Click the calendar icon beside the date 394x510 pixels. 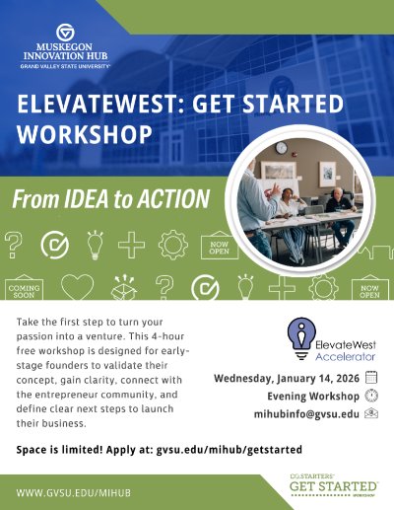tap(371, 377)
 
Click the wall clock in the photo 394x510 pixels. tap(281, 149)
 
